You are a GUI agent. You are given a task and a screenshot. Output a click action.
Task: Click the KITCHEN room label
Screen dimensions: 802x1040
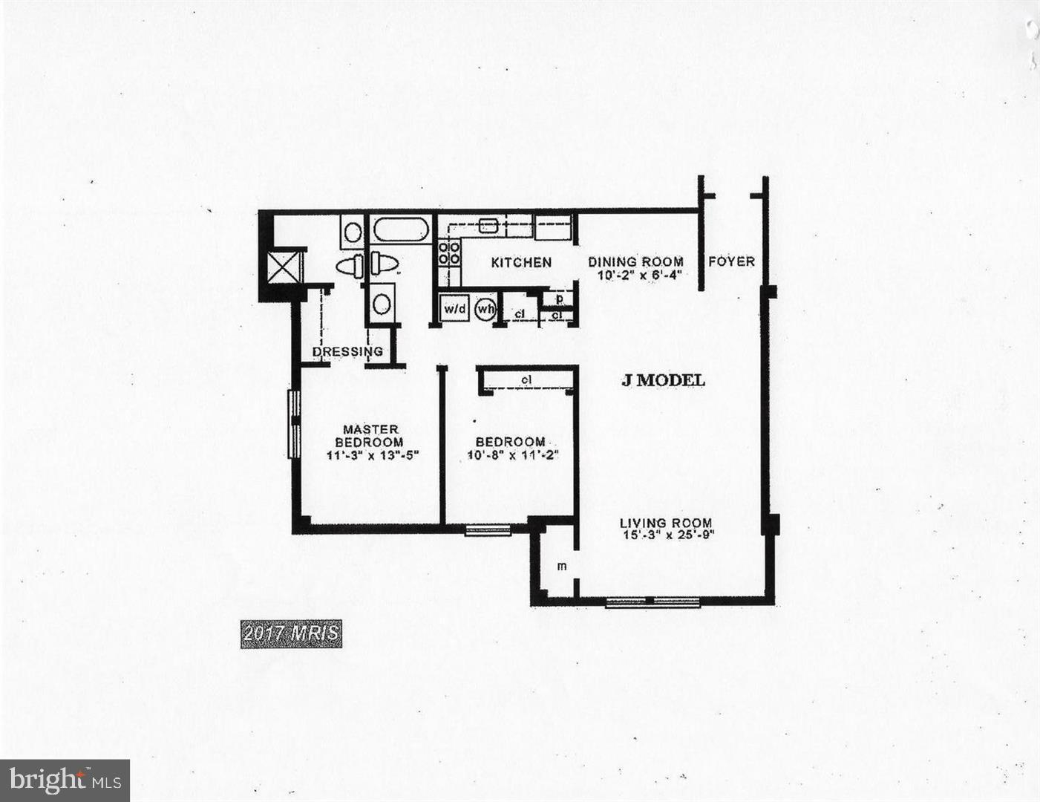[521, 262]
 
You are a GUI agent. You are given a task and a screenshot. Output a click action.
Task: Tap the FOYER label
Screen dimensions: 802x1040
[731, 261]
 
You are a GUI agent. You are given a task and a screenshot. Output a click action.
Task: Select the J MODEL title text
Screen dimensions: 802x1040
[663, 380]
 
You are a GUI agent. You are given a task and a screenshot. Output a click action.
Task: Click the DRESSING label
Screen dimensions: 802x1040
[347, 351]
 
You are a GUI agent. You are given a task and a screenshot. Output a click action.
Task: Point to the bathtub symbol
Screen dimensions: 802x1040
[401, 229]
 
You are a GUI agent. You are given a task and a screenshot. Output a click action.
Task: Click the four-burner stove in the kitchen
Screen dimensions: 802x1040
[449, 252]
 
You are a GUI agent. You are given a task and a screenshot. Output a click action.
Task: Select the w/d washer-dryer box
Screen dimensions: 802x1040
[454, 308]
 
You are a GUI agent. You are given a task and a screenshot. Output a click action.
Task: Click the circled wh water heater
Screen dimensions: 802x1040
[485, 308]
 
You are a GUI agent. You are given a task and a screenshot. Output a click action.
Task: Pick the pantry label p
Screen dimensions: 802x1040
[560, 299]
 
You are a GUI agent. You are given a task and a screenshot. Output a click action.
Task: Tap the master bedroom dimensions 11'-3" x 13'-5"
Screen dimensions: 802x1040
[373, 455]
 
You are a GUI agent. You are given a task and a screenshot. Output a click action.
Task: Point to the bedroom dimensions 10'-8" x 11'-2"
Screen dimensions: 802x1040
[512, 455]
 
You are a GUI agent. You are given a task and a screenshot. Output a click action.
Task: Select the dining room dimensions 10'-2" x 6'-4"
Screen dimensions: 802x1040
[639, 275]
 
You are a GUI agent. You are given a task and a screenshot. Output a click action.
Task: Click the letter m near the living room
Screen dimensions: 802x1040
[562, 567]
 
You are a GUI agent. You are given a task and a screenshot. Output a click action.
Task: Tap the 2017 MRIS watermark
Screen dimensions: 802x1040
[291, 633]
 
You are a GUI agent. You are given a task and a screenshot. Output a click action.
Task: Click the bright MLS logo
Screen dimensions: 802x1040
[65, 780]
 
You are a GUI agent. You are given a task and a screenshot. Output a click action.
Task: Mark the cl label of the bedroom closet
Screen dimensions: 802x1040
[526, 380]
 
